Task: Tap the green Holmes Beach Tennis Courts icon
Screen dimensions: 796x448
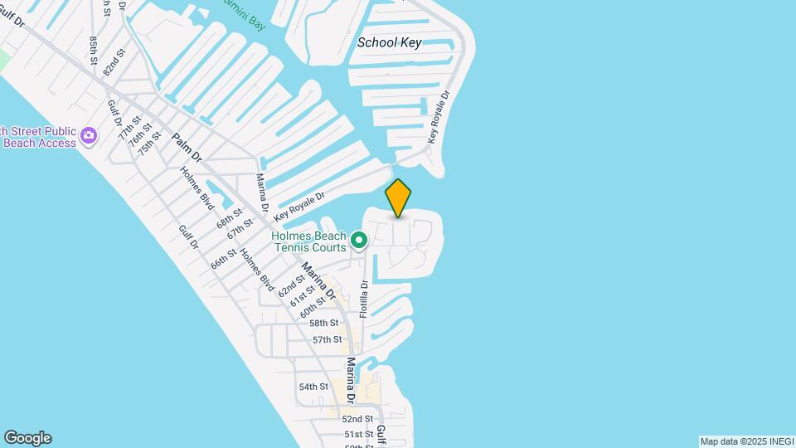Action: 359,241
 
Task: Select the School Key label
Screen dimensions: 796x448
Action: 389,42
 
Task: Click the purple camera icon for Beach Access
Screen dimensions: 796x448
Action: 90,134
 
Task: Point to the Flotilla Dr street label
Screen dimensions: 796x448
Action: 363,298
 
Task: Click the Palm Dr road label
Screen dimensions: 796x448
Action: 187,147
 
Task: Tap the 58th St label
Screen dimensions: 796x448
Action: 324,323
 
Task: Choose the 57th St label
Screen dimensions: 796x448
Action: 327,339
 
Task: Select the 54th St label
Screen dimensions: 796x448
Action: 313,387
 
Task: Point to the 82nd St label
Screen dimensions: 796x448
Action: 114,63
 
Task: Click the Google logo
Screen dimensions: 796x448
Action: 27,438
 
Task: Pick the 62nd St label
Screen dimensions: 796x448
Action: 292,285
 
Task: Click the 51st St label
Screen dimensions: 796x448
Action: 358,434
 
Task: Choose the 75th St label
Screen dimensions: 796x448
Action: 149,143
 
